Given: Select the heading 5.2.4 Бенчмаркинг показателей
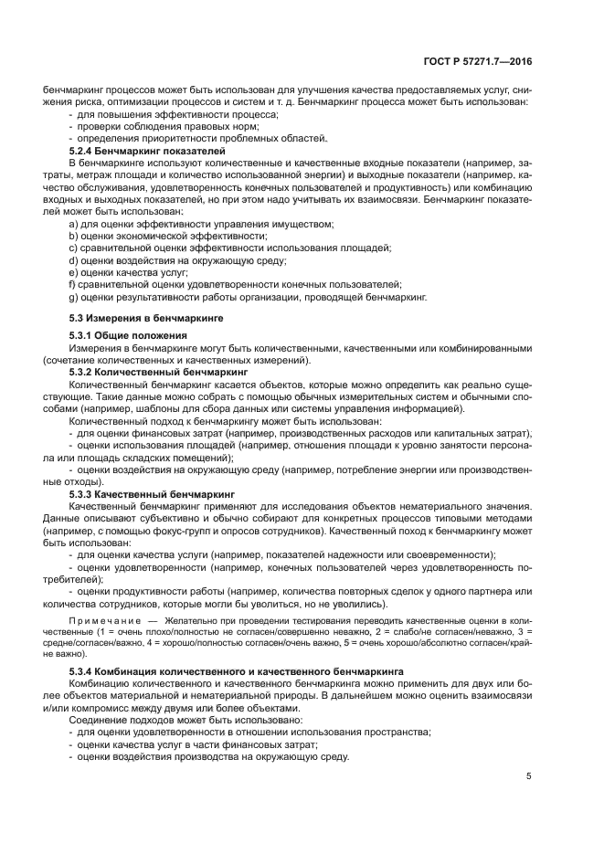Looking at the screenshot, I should pos(147,150).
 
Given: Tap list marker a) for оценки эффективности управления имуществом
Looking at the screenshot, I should pos(74,224).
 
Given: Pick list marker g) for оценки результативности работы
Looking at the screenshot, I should pos(74,296).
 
